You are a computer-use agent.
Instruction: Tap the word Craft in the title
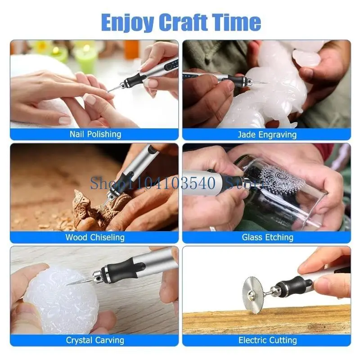186,22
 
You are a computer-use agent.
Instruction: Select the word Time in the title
238,22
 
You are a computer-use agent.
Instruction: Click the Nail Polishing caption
95,134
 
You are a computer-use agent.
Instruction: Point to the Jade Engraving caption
267,134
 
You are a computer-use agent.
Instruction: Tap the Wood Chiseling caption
95,237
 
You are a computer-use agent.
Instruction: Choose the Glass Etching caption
267,237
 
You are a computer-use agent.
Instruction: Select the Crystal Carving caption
95,340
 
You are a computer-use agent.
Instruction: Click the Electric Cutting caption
267,340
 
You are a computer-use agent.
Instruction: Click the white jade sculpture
265,90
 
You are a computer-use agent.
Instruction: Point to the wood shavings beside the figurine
45,220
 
